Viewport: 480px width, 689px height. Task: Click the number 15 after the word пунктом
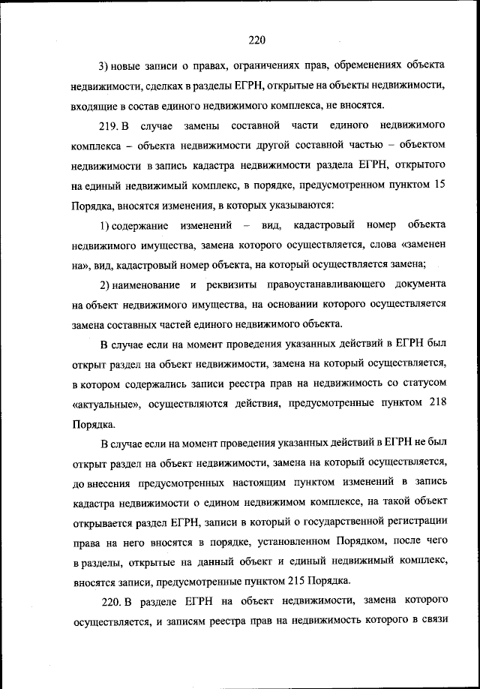tap(441, 185)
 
